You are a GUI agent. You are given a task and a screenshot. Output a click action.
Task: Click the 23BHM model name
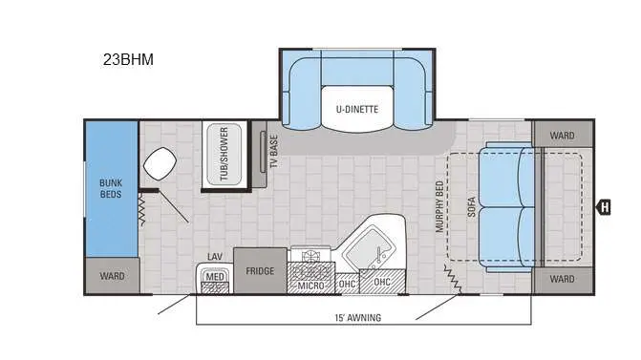click(x=128, y=59)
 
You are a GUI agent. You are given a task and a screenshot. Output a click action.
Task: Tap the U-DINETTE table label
click(x=357, y=109)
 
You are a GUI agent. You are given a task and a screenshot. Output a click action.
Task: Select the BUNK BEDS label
click(x=111, y=188)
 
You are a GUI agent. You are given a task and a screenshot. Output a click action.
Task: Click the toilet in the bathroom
click(x=160, y=163)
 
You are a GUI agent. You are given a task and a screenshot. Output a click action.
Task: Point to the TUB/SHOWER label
click(x=224, y=154)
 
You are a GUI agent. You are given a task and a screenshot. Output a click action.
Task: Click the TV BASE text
click(x=274, y=151)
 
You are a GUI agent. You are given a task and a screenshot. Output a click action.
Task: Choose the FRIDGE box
click(x=260, y=270)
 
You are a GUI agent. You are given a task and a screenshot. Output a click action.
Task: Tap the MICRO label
click(x=310, y=285)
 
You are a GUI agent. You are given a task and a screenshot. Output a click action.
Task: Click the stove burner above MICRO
click(x=310, y=257)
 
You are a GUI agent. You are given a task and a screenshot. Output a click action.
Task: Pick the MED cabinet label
click(x=215, y=277)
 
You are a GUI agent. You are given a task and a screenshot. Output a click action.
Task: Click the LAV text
click(x=215, y=256)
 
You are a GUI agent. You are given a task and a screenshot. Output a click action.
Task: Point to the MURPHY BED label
click(x=439, y=207)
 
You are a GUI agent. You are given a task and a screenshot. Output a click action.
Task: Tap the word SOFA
click(x=471, y=207)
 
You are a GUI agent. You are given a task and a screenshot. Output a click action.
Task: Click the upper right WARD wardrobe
click(x=563, y=135)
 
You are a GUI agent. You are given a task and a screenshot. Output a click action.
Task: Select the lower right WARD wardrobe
click(x=563, y=280)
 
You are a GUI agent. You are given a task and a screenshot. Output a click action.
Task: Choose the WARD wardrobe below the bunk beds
click(x=112, y=276)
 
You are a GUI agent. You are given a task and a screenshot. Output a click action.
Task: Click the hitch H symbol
click(x=604, y=207)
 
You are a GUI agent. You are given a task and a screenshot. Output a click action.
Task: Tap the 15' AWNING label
click(x=358, y=317)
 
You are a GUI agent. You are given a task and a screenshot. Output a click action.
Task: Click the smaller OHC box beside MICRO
click(x=347, y=283)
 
